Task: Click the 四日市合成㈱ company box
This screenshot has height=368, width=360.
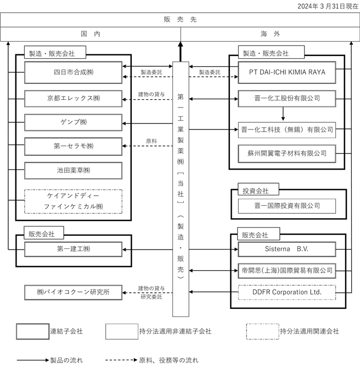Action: click(x=74, y=72)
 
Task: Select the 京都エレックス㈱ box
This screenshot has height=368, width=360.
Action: click(x=74, y=99)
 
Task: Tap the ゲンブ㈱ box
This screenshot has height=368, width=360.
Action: click(x=74, y=122)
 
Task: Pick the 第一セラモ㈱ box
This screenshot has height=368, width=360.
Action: click(x=74, y=146)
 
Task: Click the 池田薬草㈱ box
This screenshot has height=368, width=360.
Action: click(x=74, y=171)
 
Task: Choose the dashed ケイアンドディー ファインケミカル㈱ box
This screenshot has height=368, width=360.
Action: click(x=74, y=201)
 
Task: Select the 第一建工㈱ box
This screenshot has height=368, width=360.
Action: click(x=74, y=249)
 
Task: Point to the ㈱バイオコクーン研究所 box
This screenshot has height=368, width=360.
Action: click(x=74, y=292)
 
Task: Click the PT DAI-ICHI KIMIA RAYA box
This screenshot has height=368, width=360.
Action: click(x=287, y=72)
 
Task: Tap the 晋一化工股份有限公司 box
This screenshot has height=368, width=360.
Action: click(x=287, y=99)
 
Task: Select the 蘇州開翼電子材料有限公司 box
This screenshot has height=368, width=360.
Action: click(x=287, y=154)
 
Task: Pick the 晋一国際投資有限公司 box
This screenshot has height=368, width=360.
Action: click(x=287, y=206)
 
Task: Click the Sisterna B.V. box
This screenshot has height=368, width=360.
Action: click(x=287, y=249)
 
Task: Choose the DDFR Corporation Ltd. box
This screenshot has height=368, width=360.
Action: click(x=287, y=292)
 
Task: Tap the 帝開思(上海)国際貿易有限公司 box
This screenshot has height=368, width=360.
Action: click(x=287, y=271)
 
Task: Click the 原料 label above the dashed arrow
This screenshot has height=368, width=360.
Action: click(x=151, y=141)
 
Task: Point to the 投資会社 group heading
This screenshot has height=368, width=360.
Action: click(x=256, y=191)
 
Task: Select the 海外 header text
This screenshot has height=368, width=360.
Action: click(x=270, y=34)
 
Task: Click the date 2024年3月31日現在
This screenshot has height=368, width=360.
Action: click(x=328, y=6)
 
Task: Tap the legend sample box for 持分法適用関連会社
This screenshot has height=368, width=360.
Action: click(x=263, y=331)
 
